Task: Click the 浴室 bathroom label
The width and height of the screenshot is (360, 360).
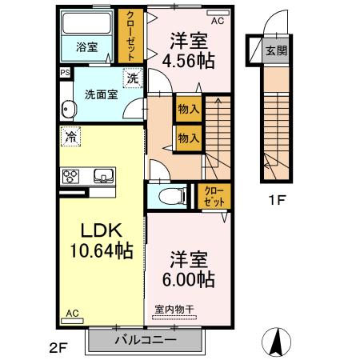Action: coord(87,47)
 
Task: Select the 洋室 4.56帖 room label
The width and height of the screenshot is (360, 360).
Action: coord(190,50)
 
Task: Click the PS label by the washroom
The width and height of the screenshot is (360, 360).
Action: coord(64,72)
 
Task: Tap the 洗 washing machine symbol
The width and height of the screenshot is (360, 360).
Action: coord(130,78)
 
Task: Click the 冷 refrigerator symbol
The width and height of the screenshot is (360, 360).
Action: coord(71,136)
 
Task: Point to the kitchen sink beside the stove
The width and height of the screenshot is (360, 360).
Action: coord(102,176)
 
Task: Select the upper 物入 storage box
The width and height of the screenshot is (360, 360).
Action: coord(189,109)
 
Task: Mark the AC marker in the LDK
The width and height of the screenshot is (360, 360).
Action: coord(73,314)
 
